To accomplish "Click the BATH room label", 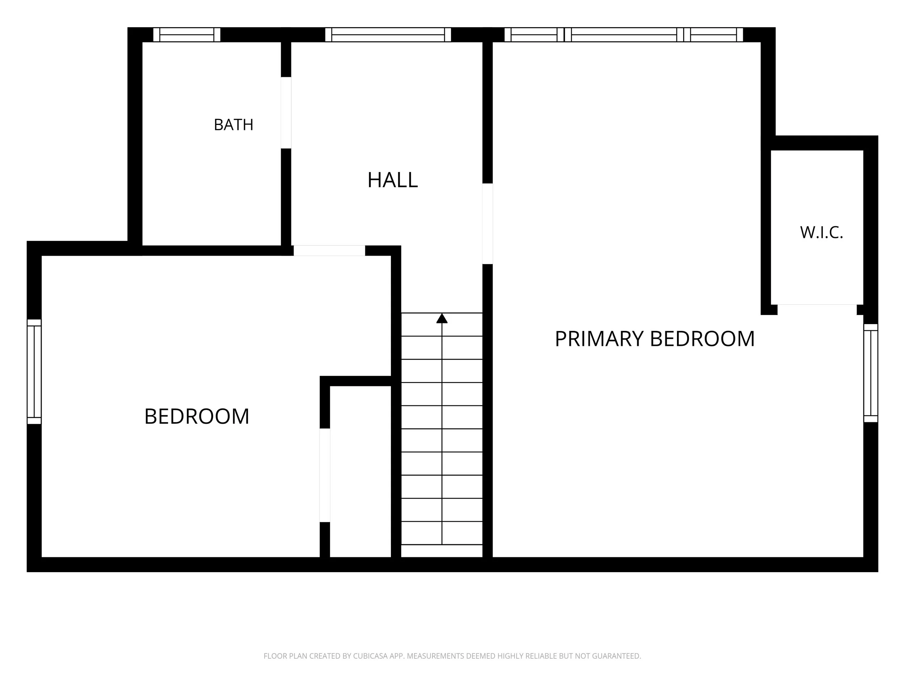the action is click(x=233, y=125).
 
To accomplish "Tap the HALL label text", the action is click(x=392, y=180).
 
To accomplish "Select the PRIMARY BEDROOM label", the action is click(x=654, y=339).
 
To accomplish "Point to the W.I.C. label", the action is click(x=821, y=233).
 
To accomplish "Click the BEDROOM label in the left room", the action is click(x=197, y=416).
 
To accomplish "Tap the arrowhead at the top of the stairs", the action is click(x=442, y=318).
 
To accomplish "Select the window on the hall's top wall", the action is click(x=388, y=35).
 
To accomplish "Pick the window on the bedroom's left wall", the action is click(x=34, y=372).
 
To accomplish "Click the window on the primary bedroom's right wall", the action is click(x=871, y=373).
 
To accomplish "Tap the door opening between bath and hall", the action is click(x=286, y=113).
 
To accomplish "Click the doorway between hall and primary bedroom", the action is click(x=487, y=223).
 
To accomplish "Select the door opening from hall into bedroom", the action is click(x=329, y=251).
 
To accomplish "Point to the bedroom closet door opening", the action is click(x=325, y=475).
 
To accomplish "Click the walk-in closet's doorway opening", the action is click(x=817, y=309).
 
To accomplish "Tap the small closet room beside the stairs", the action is click(x=361, y=471).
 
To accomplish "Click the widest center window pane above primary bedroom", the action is click(x=624, y=35).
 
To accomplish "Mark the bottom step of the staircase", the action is click(x=442, y=551).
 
